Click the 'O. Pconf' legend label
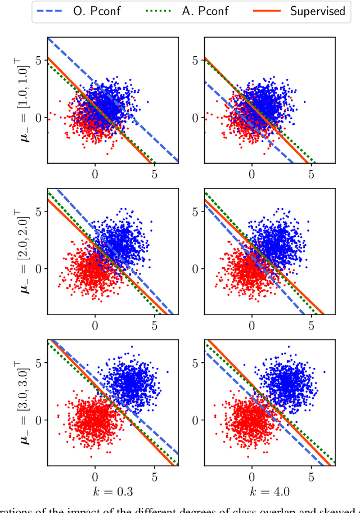point(96,11)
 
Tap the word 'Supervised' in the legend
point(317,11)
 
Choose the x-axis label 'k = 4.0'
point(270,492)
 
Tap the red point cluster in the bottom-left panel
point(94,421)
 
